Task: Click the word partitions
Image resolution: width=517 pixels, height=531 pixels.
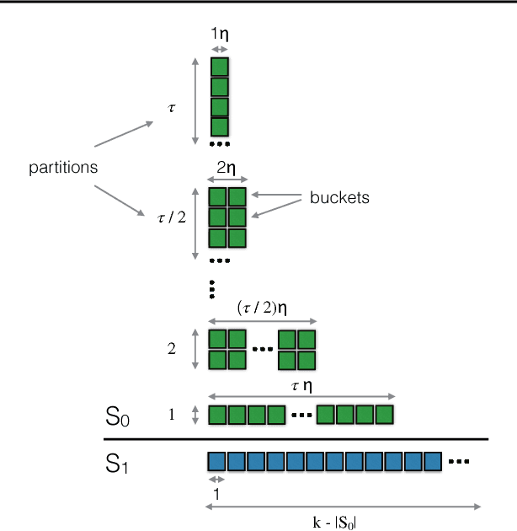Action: [x=63, y=168]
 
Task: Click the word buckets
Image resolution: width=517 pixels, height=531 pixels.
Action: [x=339, y=198]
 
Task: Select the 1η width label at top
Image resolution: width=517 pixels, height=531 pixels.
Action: [x=220, y=35]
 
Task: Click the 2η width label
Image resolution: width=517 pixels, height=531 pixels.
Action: [x=228, y=167]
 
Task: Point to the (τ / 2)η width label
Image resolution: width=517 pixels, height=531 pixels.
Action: [x=261, y=308]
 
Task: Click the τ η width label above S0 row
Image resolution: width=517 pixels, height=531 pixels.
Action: [x=301, y=385]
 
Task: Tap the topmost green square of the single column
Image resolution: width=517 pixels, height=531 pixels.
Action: [x=220, y=67]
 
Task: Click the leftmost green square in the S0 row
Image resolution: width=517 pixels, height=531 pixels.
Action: [x=217, y=416]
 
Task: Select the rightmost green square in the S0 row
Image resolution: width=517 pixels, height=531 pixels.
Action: [x=384, y=416]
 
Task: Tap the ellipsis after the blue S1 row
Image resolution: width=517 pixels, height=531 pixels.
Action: [x=460, y=462]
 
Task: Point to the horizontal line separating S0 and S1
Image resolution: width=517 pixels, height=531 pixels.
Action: [x=296, y=439]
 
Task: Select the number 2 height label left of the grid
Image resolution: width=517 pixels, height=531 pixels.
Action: [x=172, y=348]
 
